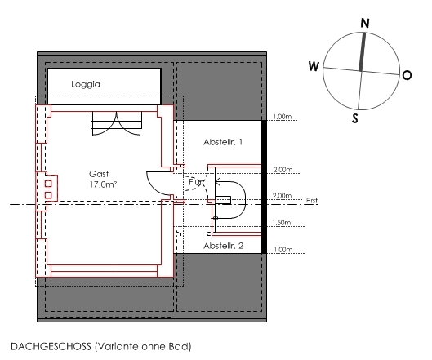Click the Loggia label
tap(86, 84)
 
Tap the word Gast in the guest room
tap(99, 174)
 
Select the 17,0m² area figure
tap(103, 184)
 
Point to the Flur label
tap(196, 182)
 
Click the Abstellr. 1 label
tap(223, 142)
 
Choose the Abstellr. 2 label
tap(224, 246)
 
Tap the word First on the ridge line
tap(312, 201)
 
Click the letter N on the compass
tap(365, 23)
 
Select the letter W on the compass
tap(314, 66)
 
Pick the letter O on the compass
tap(407, 75)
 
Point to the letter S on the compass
tap(355, 118)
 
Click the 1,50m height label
tap(282, 223)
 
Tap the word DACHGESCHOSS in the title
tap(51, 346)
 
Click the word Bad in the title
tap(181, 346)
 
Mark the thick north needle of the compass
tap(363, 52)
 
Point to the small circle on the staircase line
tap(216, 218)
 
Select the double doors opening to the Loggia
tap(116, 123)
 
